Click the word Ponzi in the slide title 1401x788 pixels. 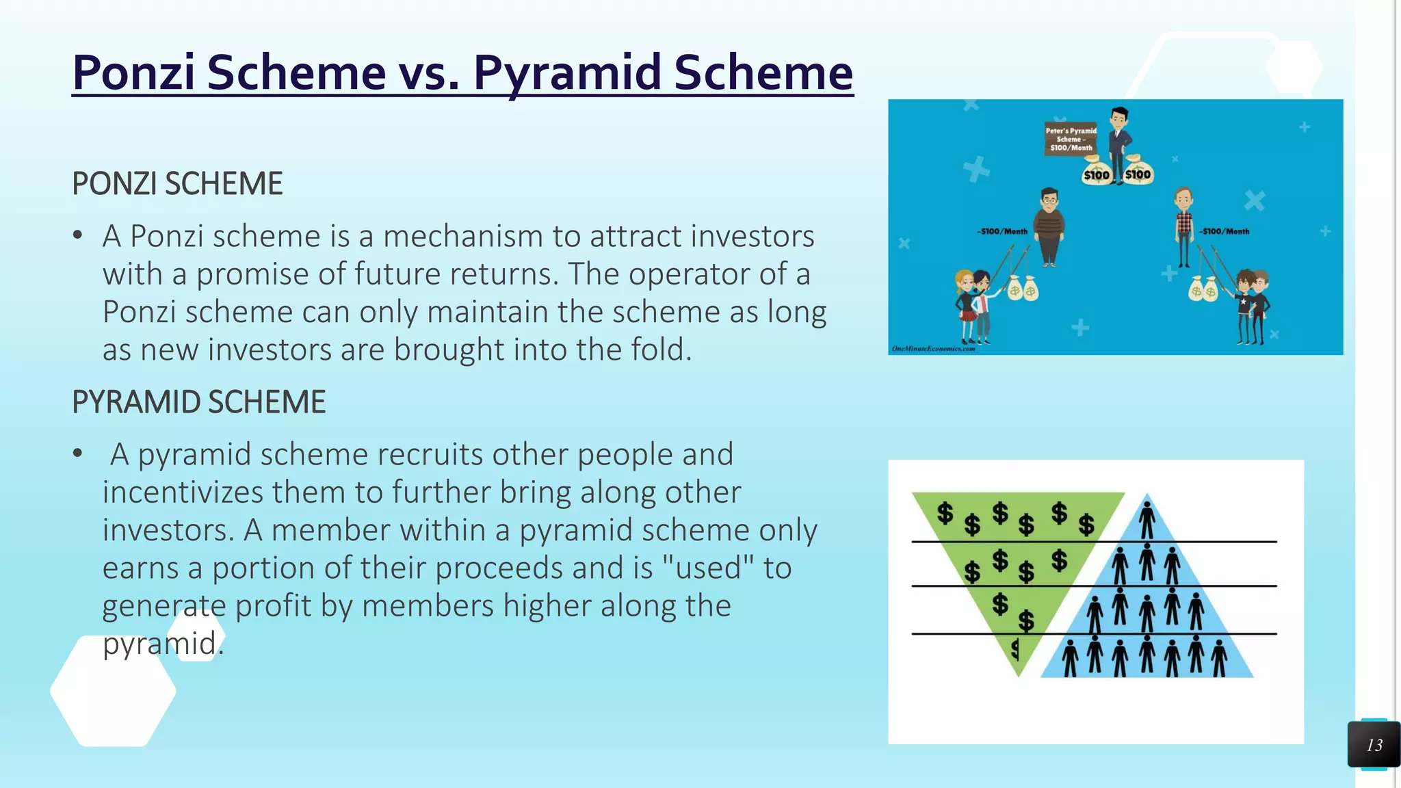134,73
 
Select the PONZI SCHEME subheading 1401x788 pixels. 177,184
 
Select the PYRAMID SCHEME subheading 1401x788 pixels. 198,402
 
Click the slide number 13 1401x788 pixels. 1374,745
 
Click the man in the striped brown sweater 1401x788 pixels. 1049,227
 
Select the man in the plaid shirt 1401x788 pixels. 1183,228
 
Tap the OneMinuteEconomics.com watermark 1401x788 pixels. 933,349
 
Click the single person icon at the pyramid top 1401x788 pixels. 1147,519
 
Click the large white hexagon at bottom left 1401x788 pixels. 113,691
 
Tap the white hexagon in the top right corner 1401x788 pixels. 1294,67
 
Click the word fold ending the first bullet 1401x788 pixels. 657,350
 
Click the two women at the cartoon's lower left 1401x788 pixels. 973,306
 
